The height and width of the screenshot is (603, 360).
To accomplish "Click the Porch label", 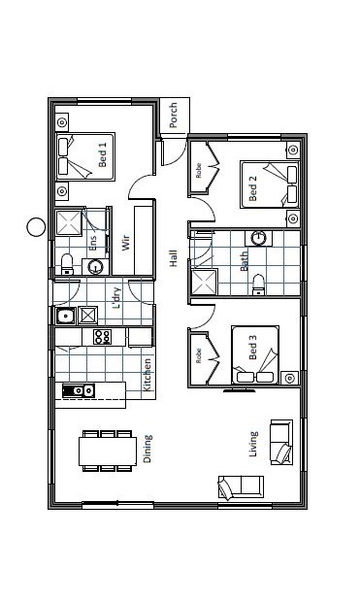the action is (174, 115).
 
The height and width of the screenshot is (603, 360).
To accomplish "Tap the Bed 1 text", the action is (102, 154).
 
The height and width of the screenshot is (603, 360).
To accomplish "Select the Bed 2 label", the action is (252, 188).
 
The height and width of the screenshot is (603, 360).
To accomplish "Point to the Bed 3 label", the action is (252, 347).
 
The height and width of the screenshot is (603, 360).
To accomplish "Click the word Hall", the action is (174, 258).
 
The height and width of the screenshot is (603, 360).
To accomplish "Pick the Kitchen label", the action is (147, 375).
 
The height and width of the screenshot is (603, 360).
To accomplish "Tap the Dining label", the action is (147, 449).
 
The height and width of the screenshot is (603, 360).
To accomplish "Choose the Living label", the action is (253, 444).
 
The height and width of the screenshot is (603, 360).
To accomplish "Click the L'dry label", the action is (116, 298).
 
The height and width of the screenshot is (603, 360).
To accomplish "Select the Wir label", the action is (125, 243).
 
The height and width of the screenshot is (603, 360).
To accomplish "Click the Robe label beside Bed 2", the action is (198, 170).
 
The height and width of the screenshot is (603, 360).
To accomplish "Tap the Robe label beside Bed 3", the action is (198, 355).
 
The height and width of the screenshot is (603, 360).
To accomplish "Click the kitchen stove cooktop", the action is (103, 337).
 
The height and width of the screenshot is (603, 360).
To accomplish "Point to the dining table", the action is (108, 452).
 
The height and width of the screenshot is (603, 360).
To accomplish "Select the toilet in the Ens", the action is (67, 264).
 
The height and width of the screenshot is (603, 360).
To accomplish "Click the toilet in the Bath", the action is (258, 285).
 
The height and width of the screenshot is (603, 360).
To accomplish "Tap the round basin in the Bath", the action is (258, 239).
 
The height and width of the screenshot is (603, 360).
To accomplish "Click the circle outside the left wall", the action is (36, 227).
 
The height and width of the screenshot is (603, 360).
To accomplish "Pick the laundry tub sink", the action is (66, 317).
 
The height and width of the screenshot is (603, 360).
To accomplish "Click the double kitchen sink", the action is (79, 390).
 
